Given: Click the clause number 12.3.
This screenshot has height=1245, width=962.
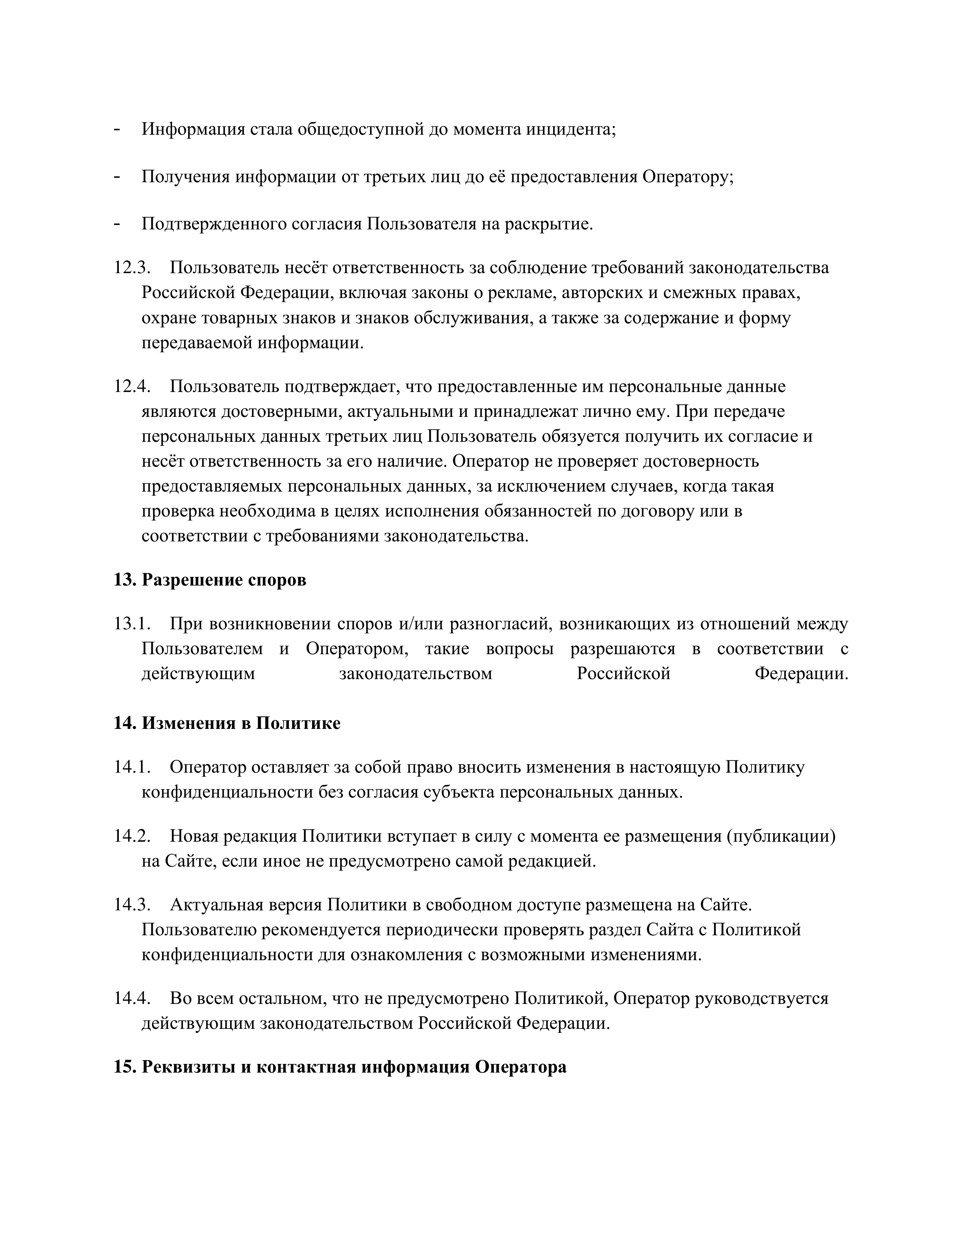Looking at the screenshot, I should pyautogui.click(x=131, y=267).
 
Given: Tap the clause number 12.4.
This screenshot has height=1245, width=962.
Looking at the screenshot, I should pyautogui.click(x=131, y=386).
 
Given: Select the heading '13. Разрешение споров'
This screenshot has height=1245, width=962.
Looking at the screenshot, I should pyautogui.click(x=210, y=580).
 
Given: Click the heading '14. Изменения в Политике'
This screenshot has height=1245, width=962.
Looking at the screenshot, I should pyautogui.click(x=227, y=723).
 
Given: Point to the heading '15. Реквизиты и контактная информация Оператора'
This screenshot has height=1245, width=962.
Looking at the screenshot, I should pyautogui.click(x=340, y=1067).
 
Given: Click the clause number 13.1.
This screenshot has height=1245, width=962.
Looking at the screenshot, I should pyautogui.click(x=131, y=624).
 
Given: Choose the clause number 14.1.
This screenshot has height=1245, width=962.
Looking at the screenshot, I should pyautogui.click(x=131, y=767).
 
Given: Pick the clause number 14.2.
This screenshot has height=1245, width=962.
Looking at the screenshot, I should pyautogui.click(x=131, y=836).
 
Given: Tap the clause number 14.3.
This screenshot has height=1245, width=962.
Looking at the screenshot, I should pyautogui.click(x=131, y=905).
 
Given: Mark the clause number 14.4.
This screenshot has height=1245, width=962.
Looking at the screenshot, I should pyautogui.click(x=131, y=998).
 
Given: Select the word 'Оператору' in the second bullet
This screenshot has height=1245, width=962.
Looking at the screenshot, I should pyautogui.click(x=687, y=177).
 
